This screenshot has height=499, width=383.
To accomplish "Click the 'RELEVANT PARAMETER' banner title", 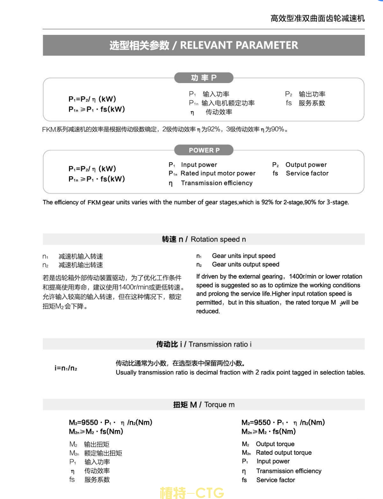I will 239,45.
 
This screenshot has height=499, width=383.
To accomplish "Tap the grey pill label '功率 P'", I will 204,78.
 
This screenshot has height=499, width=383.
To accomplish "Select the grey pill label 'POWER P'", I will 204,150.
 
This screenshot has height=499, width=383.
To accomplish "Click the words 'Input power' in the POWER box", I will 199,165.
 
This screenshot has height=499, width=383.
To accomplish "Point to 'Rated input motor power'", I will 218,173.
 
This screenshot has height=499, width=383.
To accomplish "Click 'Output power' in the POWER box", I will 306,165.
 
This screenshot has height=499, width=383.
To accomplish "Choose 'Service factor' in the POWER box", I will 307,173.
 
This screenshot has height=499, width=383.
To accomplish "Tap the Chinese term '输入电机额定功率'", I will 228,103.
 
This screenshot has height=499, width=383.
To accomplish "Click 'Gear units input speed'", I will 244,256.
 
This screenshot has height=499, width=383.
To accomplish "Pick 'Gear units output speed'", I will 246,264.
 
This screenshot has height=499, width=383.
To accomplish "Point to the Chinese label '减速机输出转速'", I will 81,265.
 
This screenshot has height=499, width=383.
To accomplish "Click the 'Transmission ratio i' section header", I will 220,344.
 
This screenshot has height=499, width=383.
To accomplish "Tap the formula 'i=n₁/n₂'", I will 66,368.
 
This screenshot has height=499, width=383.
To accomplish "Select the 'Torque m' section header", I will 219,405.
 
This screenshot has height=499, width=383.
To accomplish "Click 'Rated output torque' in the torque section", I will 284,453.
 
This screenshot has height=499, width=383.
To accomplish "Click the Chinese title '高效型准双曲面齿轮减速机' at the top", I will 317,19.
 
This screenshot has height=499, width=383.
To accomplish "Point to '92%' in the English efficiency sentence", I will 267,202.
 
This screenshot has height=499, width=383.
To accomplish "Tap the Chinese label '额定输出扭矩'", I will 103,453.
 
